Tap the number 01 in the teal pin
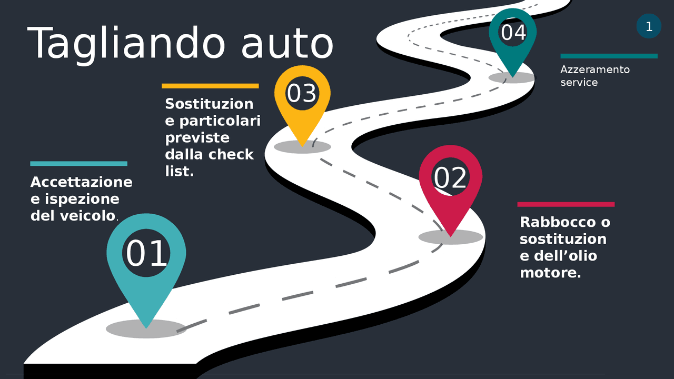pos(146,254)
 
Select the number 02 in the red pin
pos(450,178)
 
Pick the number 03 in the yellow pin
pos(302,94)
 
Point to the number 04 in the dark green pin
pos(513,33)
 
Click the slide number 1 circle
pos(649,26)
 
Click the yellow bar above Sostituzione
pos(210,86)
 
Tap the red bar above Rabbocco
pos(566,204)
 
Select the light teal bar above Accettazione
pos(78,164)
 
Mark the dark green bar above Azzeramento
pos(609,56)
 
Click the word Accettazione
pos(81,182)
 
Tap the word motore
pos(550,273)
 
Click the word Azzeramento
pos(594,69)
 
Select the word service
pos(579,83)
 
